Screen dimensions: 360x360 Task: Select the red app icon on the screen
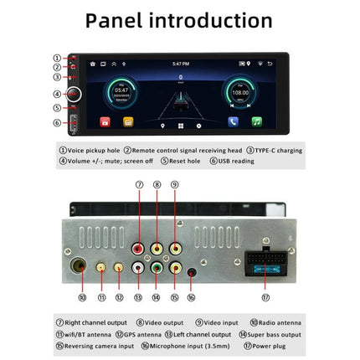pos(105,121)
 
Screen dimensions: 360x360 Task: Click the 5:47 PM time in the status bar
pos(179,63)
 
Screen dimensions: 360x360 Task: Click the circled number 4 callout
pos(58,95)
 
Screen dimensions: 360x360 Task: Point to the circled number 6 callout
pos(58,122)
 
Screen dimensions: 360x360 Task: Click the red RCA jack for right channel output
pos(138,248)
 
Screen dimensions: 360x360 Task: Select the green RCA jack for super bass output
pos(157,270)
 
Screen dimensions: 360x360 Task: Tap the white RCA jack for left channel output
pos(138,270)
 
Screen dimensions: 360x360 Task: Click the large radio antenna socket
pos(82,270)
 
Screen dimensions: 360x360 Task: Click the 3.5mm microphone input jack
pos(191,271)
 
